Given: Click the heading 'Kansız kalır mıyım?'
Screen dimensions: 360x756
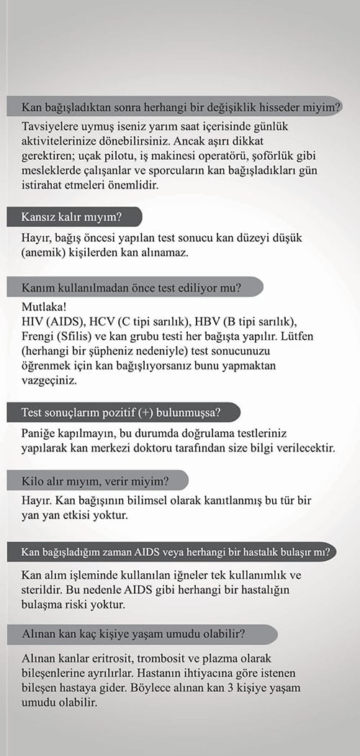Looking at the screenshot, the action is coord(72,217).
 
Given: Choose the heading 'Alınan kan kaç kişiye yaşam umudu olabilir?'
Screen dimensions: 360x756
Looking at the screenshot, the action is coord(134,635).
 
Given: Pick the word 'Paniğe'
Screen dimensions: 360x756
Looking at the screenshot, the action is coord(41,435).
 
